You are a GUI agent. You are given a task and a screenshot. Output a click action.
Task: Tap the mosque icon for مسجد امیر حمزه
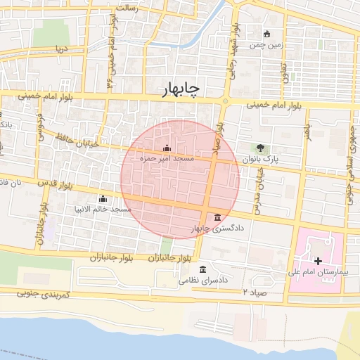tap(167, 148)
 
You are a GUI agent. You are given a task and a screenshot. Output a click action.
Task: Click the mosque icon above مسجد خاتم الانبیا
tap(103, 199)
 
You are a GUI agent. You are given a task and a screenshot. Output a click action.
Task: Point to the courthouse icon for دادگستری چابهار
tap(217, 217)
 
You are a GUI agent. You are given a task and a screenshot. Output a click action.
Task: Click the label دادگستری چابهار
tap(211, 229)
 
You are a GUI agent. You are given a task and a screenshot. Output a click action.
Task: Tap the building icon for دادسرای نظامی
tap(203, 270)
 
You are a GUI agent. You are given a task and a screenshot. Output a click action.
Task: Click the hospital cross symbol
tap(318, 261)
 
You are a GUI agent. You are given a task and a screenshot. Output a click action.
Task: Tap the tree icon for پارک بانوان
tap(262, 148)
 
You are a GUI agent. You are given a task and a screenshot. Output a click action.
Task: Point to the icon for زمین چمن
tap(266, 33)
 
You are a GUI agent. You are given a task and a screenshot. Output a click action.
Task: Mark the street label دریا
tap(60, 50)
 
